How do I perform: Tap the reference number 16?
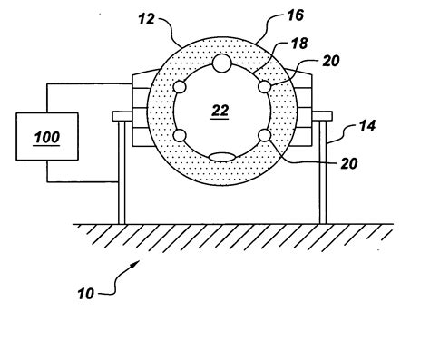(272, 15)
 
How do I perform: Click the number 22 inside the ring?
(220, 110)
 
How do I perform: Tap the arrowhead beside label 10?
(135, 264)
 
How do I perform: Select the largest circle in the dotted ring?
(221, 63)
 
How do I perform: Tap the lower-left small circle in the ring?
(180, 136)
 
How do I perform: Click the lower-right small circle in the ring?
(265, 136)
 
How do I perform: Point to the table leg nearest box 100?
(121, 172)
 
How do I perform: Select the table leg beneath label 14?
(323, 172)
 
